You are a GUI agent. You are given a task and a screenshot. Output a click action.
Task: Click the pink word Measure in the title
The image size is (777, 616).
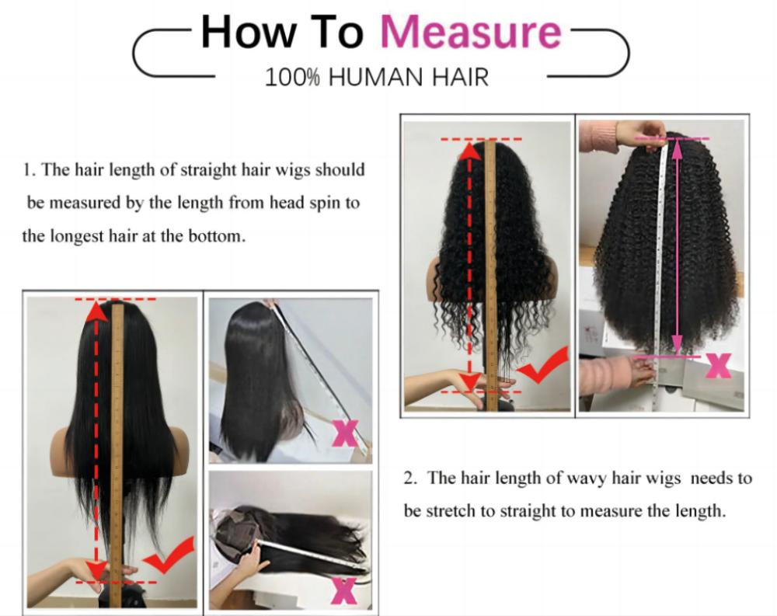(469, 33)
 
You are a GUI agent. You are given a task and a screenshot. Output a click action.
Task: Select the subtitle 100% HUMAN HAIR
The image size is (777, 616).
(377, 77)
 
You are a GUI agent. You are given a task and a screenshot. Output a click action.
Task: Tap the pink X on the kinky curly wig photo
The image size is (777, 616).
(718, 365)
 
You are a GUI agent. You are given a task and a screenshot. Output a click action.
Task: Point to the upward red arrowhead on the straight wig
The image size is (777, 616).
(96, 312)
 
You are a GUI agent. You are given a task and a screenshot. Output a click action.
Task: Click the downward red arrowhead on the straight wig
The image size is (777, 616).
(96, 570)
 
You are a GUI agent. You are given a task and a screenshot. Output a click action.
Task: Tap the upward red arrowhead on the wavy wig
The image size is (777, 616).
(469, 151)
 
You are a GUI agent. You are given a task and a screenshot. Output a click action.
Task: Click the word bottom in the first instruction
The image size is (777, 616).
(218, 236)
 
